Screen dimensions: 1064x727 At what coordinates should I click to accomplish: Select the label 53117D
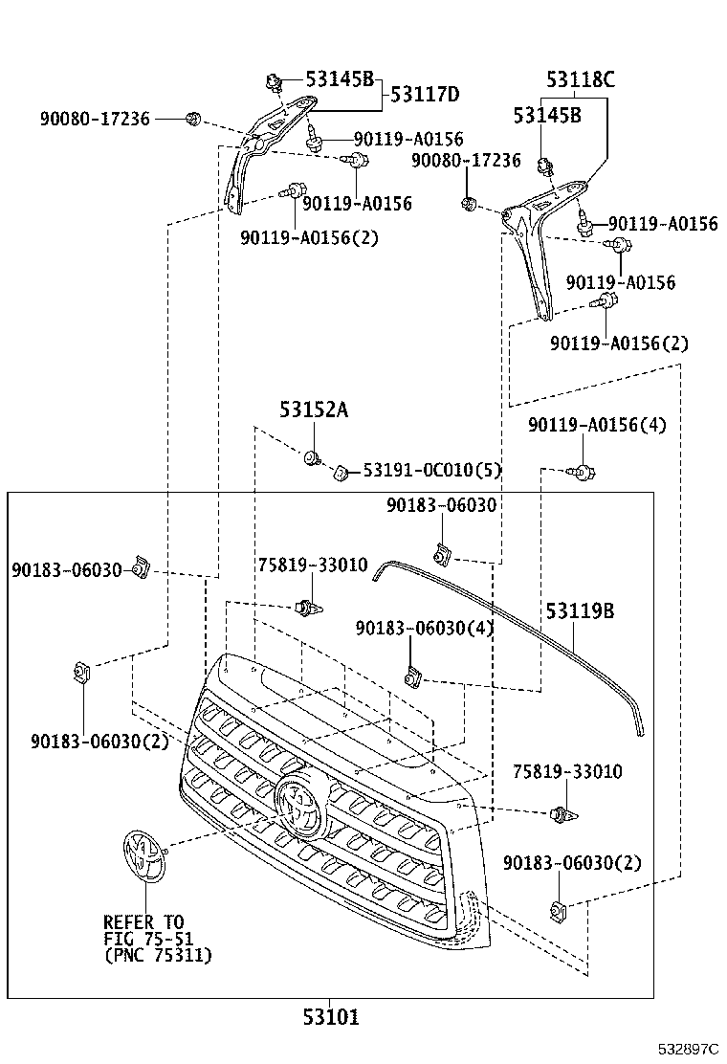point(425,95)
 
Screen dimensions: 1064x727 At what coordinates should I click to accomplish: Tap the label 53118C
point(580,80)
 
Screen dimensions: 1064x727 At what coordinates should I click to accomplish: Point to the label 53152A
point(313,410)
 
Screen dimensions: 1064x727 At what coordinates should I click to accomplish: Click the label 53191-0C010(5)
point(431,471)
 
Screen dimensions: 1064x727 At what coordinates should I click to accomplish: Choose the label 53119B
point(580,610)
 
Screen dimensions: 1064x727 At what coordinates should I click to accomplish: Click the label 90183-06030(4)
point(424,628)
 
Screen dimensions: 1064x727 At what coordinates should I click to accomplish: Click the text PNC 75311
point(158,955)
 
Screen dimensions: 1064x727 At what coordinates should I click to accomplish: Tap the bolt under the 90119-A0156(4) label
point(582,471)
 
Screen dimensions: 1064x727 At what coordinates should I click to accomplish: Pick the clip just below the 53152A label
point(312,458)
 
